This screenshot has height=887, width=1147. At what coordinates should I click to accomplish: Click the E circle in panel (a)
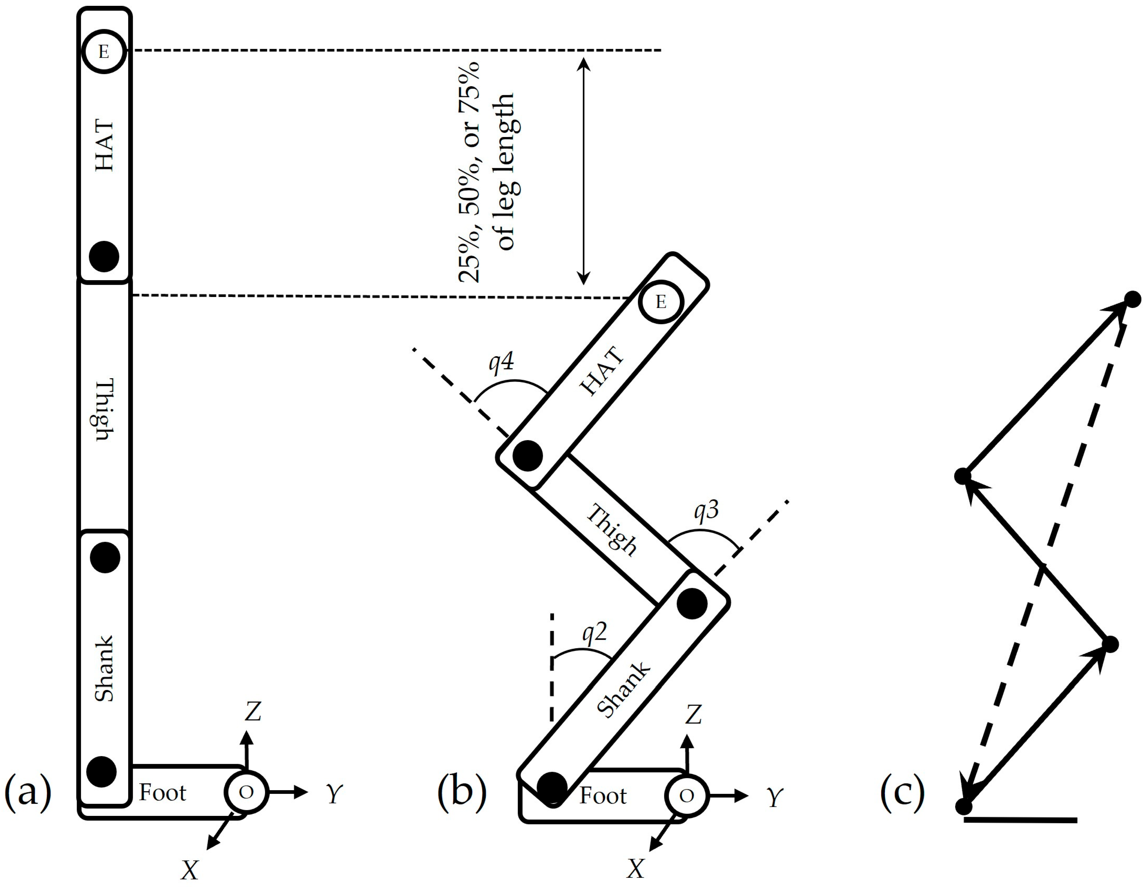tap(104, 51)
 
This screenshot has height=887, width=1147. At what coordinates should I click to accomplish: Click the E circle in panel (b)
tap(661, 302)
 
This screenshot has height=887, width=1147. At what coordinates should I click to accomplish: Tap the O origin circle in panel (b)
tap(686, 796)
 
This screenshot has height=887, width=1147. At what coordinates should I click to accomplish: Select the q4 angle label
tap(501, 362)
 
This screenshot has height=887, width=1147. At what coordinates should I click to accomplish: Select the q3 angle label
tap(706, 510)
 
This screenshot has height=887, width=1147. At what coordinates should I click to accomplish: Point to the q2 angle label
tap(595, 633)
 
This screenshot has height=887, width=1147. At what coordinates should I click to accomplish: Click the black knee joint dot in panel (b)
tap(692, 603)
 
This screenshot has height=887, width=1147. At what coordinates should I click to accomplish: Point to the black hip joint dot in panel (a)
tap(104, 256)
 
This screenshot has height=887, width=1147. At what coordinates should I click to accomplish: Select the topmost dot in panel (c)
tap(1133, 300)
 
